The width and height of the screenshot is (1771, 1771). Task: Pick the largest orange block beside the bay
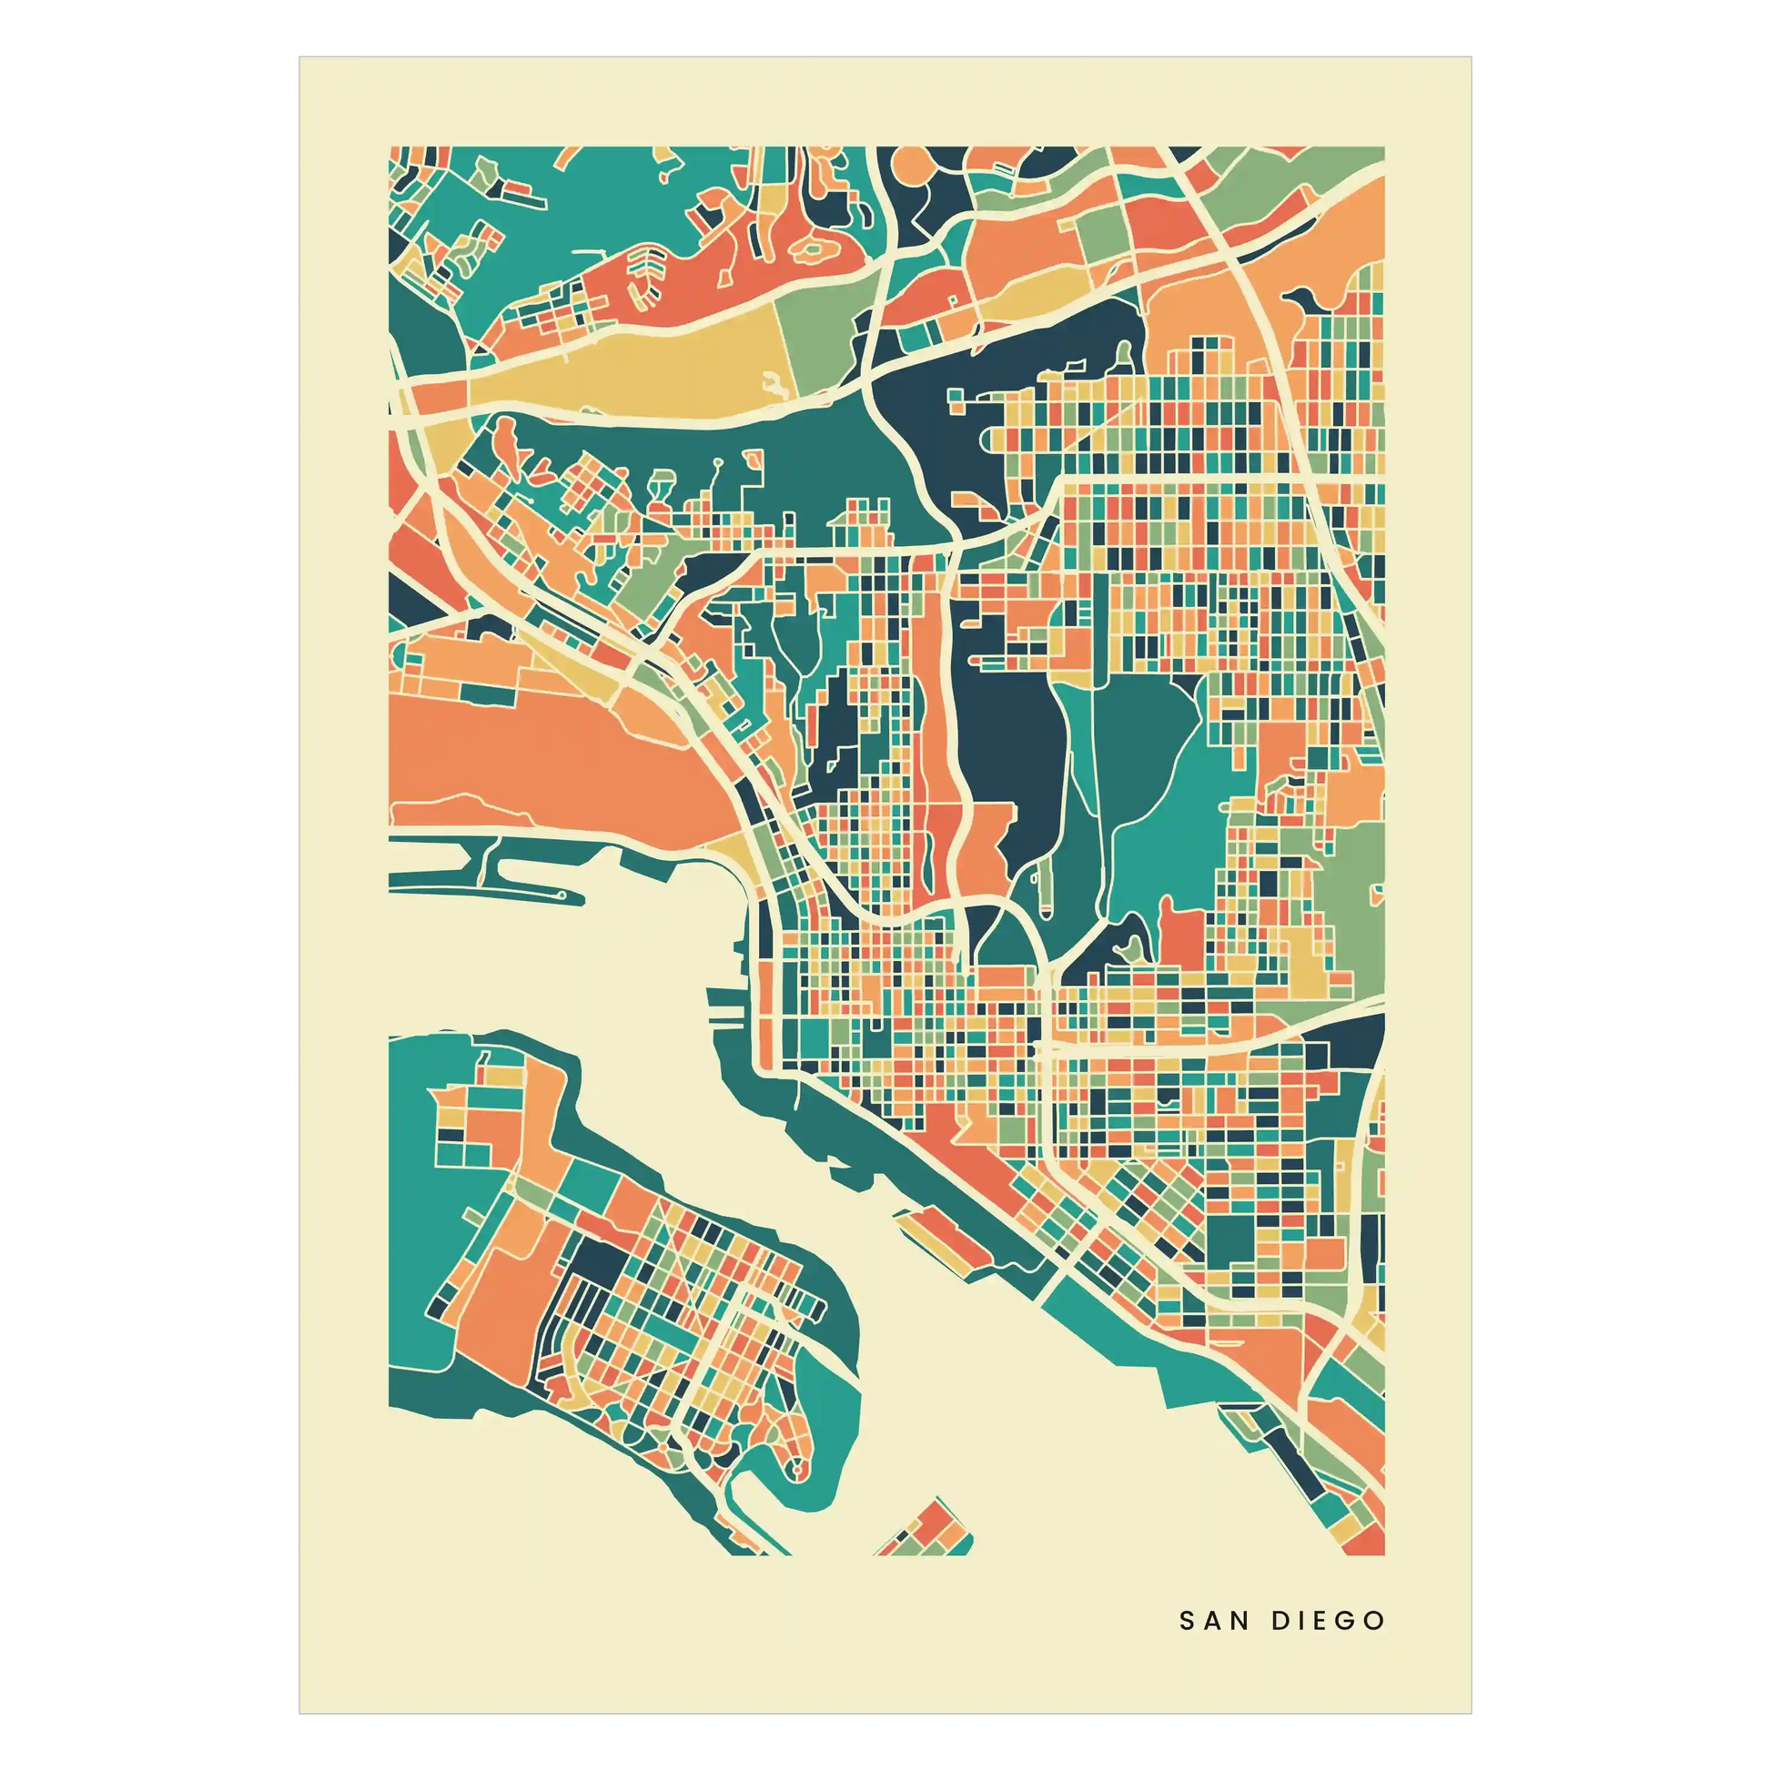click(x=550, y=752)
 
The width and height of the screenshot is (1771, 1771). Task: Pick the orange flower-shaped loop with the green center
click(x=812, y=248)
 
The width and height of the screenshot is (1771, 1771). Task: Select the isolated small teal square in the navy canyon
click(x=957, y=398)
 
